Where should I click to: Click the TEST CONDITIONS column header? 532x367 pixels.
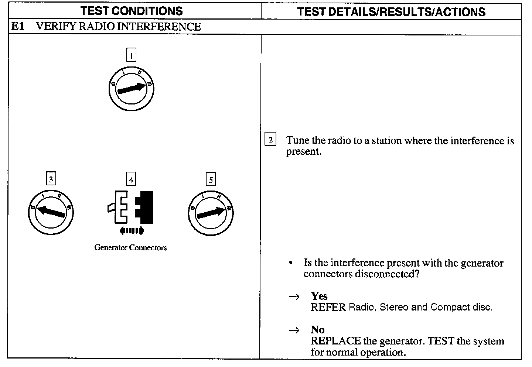coord(132,11)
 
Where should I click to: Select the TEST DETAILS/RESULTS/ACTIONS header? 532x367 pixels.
coord(391,11)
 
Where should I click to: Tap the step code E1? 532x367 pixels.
coord(18,27)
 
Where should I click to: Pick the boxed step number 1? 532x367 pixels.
coord(131,56)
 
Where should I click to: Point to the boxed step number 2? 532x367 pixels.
coord(270,140)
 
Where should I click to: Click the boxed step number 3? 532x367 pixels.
coord(51,179)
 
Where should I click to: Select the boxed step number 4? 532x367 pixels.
coord(131,179)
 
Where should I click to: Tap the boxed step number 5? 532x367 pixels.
coord(211,180)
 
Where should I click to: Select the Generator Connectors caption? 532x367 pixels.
coord(130,248)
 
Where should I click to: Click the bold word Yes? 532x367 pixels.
coord(319,296)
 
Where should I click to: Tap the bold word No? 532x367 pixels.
coord(317,330)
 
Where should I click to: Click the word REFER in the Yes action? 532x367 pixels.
coord(328,307)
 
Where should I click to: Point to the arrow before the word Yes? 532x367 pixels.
coord(294,296)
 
